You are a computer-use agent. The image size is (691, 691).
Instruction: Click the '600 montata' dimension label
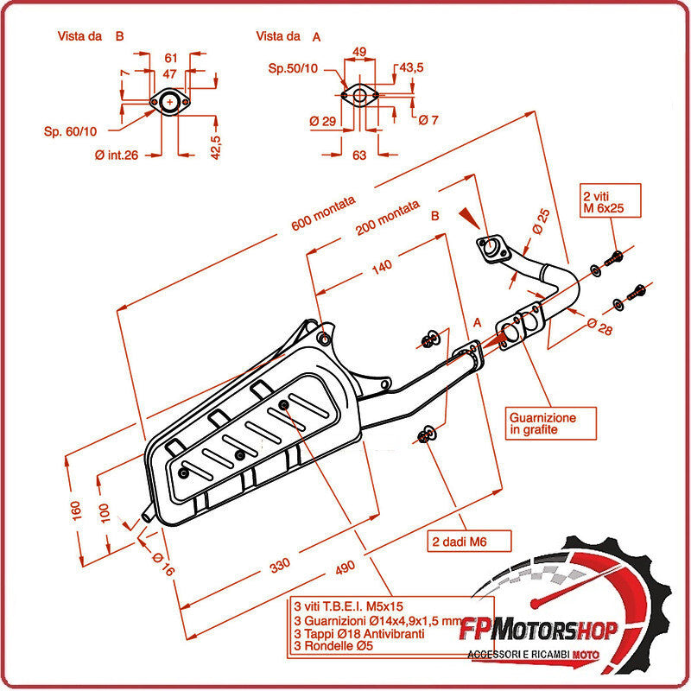click(x=323, y=212)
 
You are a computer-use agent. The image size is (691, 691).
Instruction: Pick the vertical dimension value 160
click(x=76, y=510)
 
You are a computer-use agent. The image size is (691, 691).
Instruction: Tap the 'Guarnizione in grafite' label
click(x=542, y=423)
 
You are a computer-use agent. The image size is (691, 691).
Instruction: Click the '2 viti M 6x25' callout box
click(x=611, y=201)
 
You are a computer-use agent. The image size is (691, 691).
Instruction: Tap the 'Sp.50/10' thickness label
click(x=292, y=68)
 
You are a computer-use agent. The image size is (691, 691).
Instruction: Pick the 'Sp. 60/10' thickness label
click(x=71, y=131)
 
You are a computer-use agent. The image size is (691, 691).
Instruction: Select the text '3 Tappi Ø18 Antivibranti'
click(x=358, y=633)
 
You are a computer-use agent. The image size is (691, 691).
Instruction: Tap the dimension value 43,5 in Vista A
click(x=411, y=67)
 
